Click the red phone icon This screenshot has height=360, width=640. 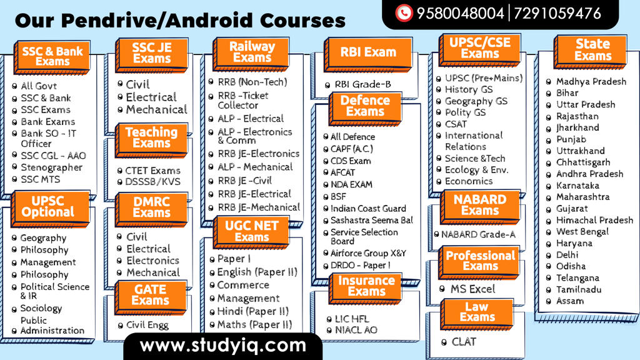pyautogui.click(x=404, y=13)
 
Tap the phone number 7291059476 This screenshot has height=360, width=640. pyautogui.click(x=557, y=14)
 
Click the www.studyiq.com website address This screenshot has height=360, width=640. pyautogui.click(x=223, y=346)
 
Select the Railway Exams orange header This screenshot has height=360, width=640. pyautogui.click(x=252, y=52)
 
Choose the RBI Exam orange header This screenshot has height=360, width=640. pyautogui.click(x=368, y=52)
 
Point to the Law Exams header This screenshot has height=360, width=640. pyautogui.click(x=477, y=312)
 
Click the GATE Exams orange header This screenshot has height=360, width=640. pyautogui.click(x=151, y=296)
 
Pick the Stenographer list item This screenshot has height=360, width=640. pyautogui.click(x=51, y=167)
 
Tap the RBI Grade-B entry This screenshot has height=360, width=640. pyautogui.click(x=363, y=84)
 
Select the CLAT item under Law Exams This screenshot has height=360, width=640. pyautogui.click(x=464, y=342)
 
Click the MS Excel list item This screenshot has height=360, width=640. pyautogui.click(x=472, y=289)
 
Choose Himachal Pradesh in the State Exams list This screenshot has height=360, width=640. pyautogui.click(x=595, y=221)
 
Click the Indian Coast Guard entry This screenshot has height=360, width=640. pyautogui.click(x=368, y=209)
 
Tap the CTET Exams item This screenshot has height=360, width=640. pyautogui.click(x=152, y=171)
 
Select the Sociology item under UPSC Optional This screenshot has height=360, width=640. pyautogui.click(x=41, y=309)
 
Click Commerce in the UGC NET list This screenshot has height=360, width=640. pyautogui.click(x=243, y=285)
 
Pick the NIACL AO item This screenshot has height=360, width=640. pyautogui.click(x=356, y=330)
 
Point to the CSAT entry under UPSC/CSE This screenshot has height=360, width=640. pyautogui.click(x=456, y=124)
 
